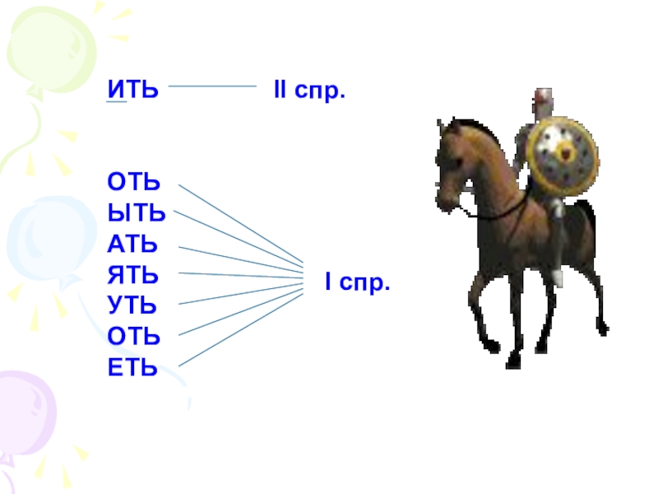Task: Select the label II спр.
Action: [308, 89]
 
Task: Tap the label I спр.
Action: [356, 285]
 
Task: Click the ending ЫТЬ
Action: [136, 213]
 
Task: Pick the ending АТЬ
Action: [132, 245]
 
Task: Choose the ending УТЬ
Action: [132, 305]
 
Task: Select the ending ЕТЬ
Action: [132, 367]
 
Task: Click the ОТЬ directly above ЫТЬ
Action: [133, 183]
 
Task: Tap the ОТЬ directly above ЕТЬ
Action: [133, 337]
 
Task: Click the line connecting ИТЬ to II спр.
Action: [212, 86]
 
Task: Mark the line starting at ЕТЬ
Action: [239, 329]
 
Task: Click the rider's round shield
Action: [563, 157]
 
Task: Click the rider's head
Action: [540, 100]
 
